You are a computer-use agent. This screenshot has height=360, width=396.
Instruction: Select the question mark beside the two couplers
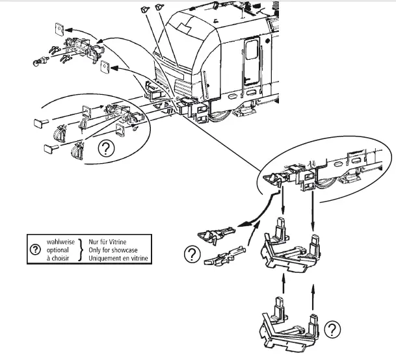pyautogui.click(x=191, y=255)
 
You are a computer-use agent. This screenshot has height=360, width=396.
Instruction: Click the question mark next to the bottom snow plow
pyautogui.click(x=332, y=329)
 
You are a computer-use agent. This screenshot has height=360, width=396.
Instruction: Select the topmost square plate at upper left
pyautogui.click(x=59, y=27)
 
